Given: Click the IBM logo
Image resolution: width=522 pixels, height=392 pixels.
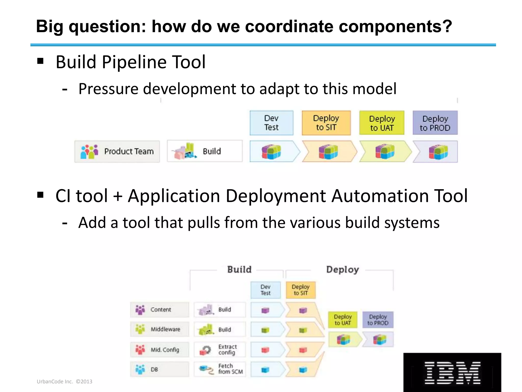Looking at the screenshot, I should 452,372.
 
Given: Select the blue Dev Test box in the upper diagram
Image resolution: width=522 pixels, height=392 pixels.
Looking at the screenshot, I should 271,123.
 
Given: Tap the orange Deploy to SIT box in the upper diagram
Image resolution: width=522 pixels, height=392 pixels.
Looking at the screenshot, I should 326,123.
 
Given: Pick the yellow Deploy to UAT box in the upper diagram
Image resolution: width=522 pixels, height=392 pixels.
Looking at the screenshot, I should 382,123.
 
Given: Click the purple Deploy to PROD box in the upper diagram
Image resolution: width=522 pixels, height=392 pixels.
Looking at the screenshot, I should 435,123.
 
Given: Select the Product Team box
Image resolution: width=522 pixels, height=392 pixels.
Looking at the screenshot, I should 117,151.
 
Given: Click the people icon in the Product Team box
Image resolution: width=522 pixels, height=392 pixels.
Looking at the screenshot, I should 89,152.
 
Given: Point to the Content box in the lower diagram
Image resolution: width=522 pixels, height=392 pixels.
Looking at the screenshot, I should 160,310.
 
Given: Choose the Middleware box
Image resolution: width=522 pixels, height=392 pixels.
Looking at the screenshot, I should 160,329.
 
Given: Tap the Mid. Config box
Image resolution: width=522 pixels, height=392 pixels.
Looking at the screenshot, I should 160,350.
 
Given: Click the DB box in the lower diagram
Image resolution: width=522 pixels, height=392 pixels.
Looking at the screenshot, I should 160,369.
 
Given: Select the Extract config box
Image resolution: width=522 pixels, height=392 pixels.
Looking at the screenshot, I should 220,350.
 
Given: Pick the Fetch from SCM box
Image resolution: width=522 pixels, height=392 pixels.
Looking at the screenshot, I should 220,369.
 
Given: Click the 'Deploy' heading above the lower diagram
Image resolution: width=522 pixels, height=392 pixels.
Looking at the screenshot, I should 342,269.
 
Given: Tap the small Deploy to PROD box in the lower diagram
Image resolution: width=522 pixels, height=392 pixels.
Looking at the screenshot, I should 378,320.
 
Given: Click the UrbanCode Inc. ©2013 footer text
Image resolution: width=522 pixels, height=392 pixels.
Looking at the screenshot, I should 64,382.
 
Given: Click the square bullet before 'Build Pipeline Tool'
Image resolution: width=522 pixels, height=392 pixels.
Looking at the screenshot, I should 40,61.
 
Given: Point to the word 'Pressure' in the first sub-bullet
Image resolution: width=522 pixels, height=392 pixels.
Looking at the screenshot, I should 108,89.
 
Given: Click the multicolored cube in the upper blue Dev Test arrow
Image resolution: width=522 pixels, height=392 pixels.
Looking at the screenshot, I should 271,152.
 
